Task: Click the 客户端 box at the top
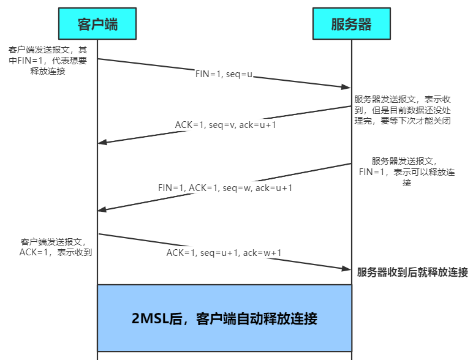(x=97, y=24)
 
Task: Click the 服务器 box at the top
(x=351, y=24)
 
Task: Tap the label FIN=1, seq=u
(x=224, y=75)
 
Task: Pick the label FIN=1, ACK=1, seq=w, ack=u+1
(x=225, y=187)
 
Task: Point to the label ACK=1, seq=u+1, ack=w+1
(x=224, y=252)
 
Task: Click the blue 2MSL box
(x=224, y=318)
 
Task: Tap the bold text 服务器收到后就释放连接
(x=412, y=272)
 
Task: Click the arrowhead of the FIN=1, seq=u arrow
(x=346, y=88)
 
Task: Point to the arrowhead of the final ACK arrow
(x=346, y=268)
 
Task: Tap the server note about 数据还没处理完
(x=411, y=110)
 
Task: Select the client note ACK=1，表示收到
(x=56, y=247)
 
